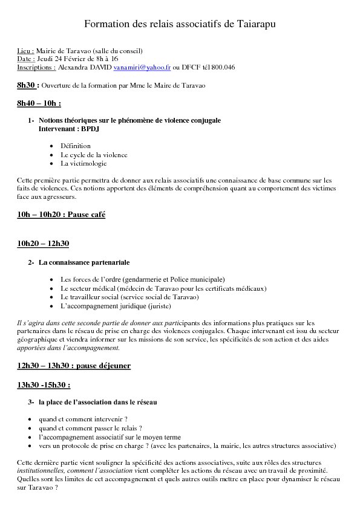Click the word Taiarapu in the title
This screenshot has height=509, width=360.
[x=250, y=24]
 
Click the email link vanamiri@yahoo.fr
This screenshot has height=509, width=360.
[x=143, y=68]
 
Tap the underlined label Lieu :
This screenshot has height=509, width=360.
[x=25, y=51]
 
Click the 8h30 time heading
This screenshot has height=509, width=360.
[x=27, y=85]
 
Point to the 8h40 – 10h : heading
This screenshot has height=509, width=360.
[x=39, y=103]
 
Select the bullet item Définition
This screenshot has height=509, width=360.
[x=76, y=146]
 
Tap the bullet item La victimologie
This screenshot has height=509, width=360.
[x=83, y=163]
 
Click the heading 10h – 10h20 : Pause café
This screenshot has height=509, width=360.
[x=61, y=215]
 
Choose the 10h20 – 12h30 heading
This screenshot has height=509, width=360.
[x=43, y=244]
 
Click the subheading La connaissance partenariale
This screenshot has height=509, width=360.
[x=84, y=262]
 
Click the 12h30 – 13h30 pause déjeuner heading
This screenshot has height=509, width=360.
[x=74, y=366]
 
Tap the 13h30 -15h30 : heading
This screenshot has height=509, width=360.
[x=44, y=384]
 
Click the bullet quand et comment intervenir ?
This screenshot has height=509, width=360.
[x=83, y=419]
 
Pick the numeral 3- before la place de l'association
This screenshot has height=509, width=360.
[x=31, y=402]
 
